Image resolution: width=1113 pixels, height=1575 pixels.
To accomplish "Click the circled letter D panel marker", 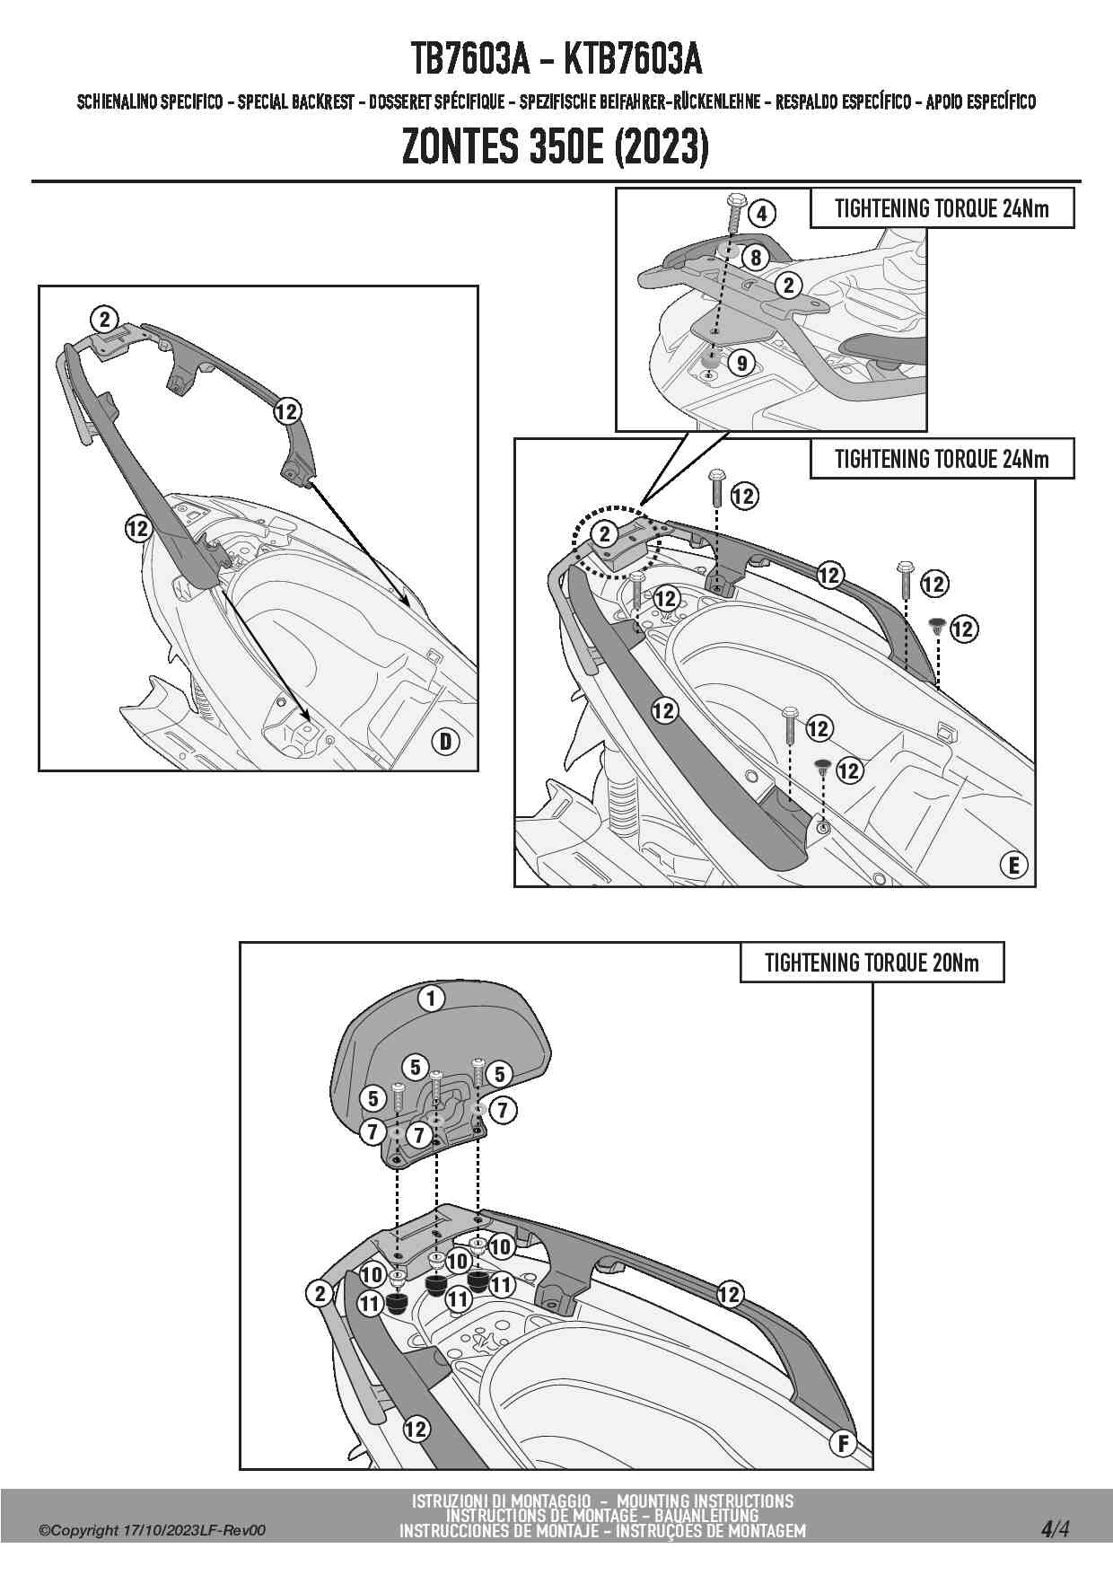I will point(445,742).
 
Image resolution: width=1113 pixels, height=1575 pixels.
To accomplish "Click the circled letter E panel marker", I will point(1013,865).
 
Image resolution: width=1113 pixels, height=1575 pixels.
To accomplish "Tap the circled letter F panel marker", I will point(843,1444).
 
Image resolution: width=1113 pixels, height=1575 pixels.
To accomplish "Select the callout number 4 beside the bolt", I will point(761,214).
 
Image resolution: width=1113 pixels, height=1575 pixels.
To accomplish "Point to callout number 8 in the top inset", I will point(756,259).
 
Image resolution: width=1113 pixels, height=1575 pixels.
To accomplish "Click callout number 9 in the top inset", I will point(741,364).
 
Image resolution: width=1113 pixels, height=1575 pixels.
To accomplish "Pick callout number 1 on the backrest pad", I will point(432,999).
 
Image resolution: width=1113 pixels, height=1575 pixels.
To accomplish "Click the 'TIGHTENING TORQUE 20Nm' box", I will point(871,963).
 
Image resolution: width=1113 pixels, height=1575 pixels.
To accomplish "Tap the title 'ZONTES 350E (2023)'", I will point(555,147).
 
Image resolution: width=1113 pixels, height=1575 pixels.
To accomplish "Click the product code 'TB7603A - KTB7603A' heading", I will point(556,59).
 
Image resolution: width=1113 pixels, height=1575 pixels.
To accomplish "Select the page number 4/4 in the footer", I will point(1055,1528).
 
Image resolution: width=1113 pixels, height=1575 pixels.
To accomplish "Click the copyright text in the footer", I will point(152,1531).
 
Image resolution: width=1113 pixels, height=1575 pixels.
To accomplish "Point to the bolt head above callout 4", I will point(737,198).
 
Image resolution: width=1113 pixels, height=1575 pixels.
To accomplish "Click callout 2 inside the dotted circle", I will point(605,534).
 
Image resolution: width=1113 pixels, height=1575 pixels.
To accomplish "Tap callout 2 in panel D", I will point(105,319).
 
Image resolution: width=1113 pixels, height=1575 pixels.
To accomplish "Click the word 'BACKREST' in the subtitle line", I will point(322,102).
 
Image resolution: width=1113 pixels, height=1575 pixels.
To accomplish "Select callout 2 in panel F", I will point(320,1294).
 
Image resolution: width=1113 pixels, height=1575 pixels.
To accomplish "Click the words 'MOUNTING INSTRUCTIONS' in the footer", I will point(705,1501).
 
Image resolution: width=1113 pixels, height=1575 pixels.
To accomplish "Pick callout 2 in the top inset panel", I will point(788,286).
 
